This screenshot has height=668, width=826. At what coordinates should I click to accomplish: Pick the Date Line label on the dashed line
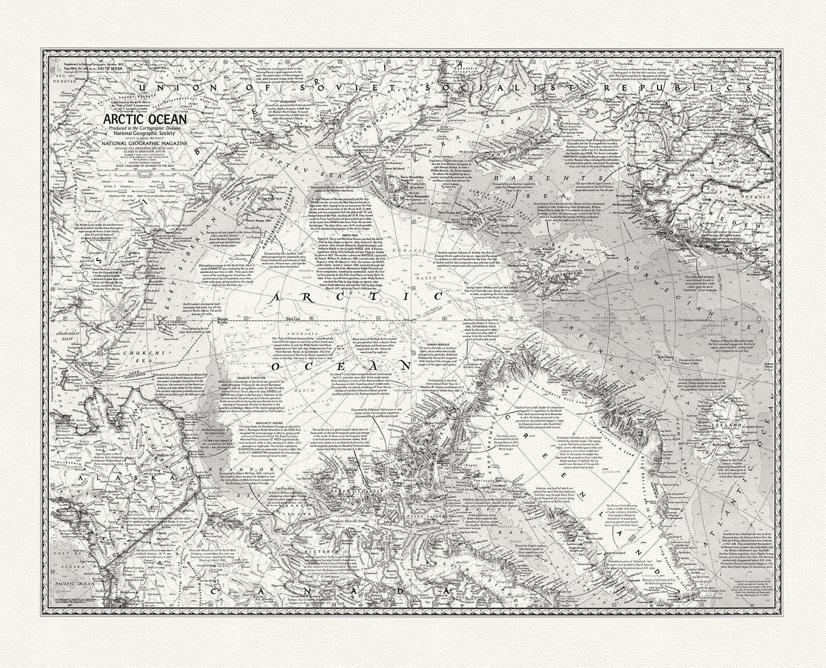click(x=294, y=319)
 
